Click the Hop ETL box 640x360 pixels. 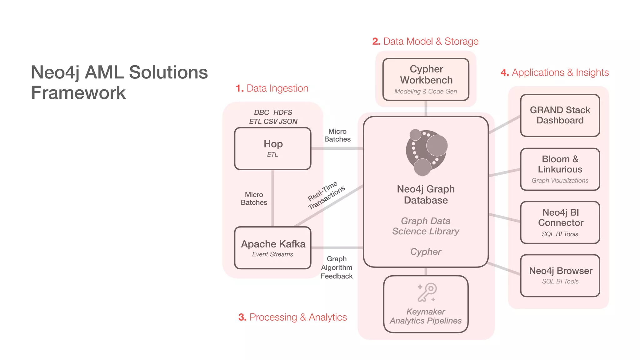[272, 148]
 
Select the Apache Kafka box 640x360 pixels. [272, 248]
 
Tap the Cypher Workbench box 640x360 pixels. [426, 79]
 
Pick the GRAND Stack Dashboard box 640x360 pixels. [560, 115]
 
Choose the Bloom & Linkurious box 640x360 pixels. [560, 169]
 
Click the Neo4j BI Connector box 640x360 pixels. [560, 222]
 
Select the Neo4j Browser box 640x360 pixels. [560, 275]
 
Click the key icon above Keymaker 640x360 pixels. [427, 292]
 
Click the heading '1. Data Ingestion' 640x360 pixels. [272, 88]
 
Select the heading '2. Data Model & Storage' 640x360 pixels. [425, 41]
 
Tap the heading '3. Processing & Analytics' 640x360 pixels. [292, 317]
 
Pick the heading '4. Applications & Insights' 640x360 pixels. [555, 72]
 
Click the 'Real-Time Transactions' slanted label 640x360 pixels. [326, 195]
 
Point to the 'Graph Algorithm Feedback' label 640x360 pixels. [337, 267]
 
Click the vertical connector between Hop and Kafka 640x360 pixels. [273, 198]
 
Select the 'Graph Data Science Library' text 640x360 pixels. [426, 226]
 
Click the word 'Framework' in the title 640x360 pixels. [78, 93]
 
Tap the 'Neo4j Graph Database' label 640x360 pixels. [426, 194]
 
